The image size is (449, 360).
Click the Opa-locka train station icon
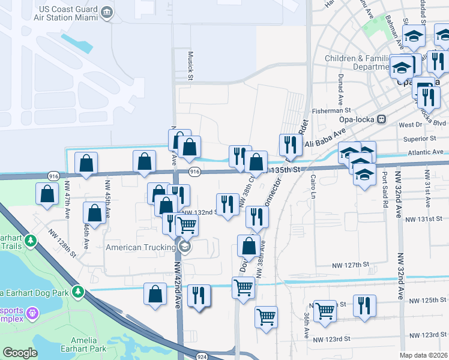pyautogui.click(x=381, y=119)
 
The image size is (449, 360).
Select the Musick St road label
pyautogui.click(x=190, y=65)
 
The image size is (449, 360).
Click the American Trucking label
pyautogui.click(x=141, y=247)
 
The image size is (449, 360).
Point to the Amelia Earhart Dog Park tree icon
pyautogui.click(x=77, y=292)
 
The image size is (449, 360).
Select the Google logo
pyautogui.click(x=20, y=353)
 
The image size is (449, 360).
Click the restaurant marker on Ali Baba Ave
pyautogui.click(x=289, y=144)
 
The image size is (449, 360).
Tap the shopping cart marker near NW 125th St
pyautogui.click(x=325, y=311)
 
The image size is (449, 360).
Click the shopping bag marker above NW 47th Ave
pyautogui.click(x=86, y=163)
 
